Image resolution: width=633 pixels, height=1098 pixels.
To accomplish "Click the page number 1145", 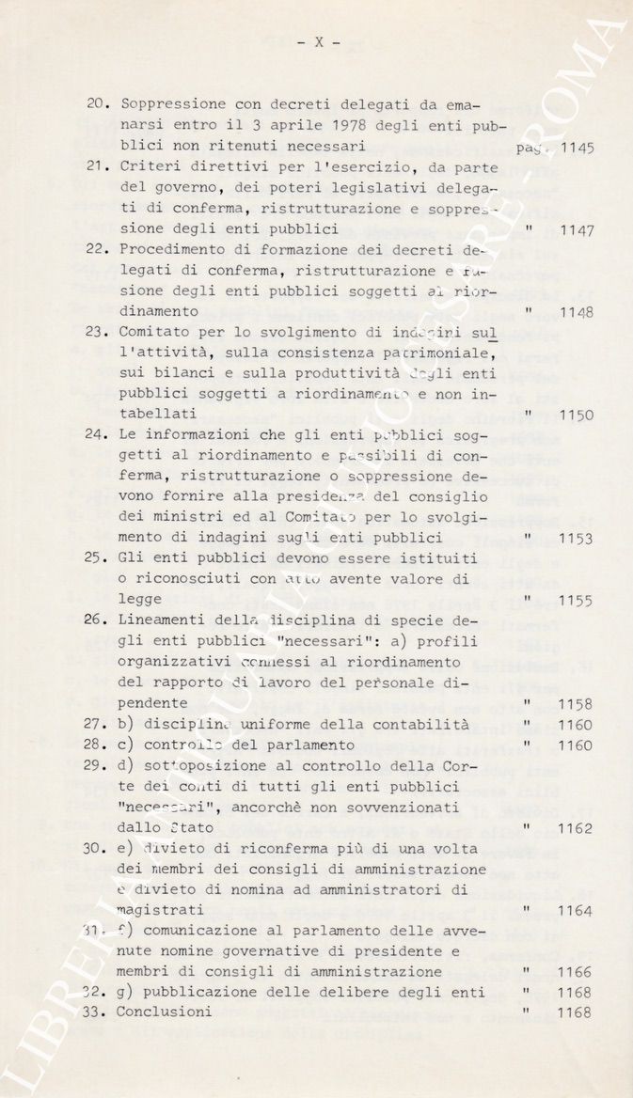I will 577,148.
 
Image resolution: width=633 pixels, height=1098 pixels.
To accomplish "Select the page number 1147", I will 577,230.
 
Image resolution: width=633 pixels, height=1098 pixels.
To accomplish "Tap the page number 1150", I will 577,416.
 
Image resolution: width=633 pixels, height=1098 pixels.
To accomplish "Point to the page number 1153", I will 577,540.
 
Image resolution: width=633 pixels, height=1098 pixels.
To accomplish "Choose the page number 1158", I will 576,704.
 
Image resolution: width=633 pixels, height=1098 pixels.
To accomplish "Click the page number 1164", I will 576,911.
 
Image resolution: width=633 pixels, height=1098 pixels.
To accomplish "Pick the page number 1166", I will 576,973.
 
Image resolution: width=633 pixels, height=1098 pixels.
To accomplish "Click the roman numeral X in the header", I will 317,41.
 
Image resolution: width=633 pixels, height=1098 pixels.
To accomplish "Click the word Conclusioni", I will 165,1013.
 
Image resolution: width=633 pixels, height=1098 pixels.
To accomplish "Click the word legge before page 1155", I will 140,601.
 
